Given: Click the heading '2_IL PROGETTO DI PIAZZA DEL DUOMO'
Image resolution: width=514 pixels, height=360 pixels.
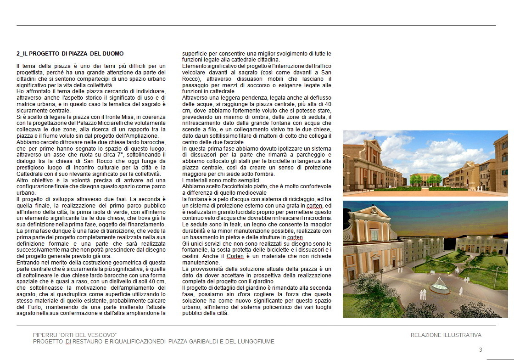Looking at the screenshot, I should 70,54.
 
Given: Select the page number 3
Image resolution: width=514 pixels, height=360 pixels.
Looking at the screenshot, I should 480,349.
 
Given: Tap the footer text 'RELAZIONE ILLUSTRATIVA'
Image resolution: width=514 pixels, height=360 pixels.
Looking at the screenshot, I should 446,335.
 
